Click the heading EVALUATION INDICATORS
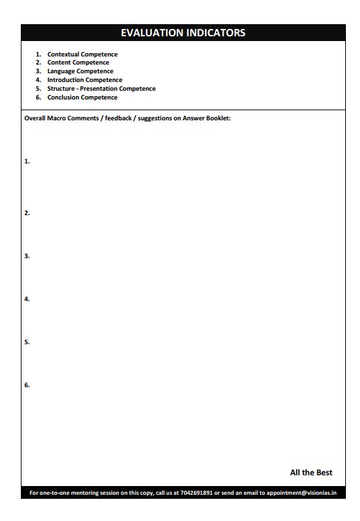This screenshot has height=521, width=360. [x=183, y=32]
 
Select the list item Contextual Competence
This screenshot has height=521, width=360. [x=82, y=54]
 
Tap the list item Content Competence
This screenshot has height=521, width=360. [x=78, y=63]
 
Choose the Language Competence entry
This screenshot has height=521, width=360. [x=80, y=71]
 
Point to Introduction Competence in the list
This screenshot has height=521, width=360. [x=85, y=80]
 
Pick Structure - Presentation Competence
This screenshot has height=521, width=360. [x=101, y=89]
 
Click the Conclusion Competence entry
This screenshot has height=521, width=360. [x=82, y=97]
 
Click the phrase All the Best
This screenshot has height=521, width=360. [x=311, y=473]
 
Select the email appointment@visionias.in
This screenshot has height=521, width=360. [x=302, y=493]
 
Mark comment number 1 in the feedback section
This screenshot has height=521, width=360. [x=27, y=161]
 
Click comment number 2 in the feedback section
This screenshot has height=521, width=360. [x=27, y=213]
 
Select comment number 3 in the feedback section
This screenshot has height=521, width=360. [x=27, y=256]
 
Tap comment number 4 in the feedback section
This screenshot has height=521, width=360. [x=27, y=299]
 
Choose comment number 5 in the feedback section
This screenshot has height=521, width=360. [x=27, y=342]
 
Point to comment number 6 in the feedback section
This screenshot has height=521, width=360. [x=27, y=385]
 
